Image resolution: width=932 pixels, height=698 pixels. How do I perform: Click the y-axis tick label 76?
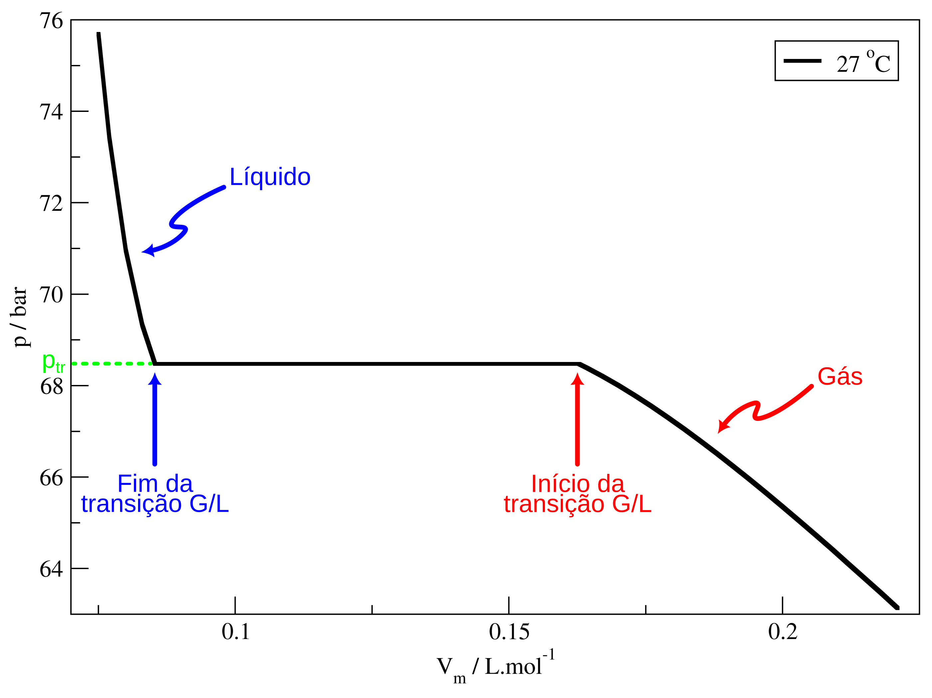51,21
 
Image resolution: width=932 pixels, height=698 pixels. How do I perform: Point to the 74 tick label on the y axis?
51,112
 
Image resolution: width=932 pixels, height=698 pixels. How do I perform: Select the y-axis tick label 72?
51,204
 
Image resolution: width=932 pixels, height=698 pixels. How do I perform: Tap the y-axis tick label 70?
51,295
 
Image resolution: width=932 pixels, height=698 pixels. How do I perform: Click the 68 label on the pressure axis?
51,387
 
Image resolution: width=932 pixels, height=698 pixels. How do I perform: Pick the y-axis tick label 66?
51,478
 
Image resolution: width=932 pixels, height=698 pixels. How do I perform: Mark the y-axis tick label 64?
51,569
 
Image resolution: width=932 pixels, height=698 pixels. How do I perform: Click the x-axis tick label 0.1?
236,632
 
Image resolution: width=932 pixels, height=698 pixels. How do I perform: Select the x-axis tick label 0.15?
509,632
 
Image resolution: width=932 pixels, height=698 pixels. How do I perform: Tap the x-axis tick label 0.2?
783,632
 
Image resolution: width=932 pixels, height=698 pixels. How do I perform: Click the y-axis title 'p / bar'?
19,317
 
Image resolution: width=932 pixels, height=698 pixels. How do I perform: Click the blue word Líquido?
270,177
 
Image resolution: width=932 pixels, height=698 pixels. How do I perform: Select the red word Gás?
840,377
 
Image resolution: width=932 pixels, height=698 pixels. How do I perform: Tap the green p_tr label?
54,363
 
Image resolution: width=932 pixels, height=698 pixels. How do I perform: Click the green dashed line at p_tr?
112,364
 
